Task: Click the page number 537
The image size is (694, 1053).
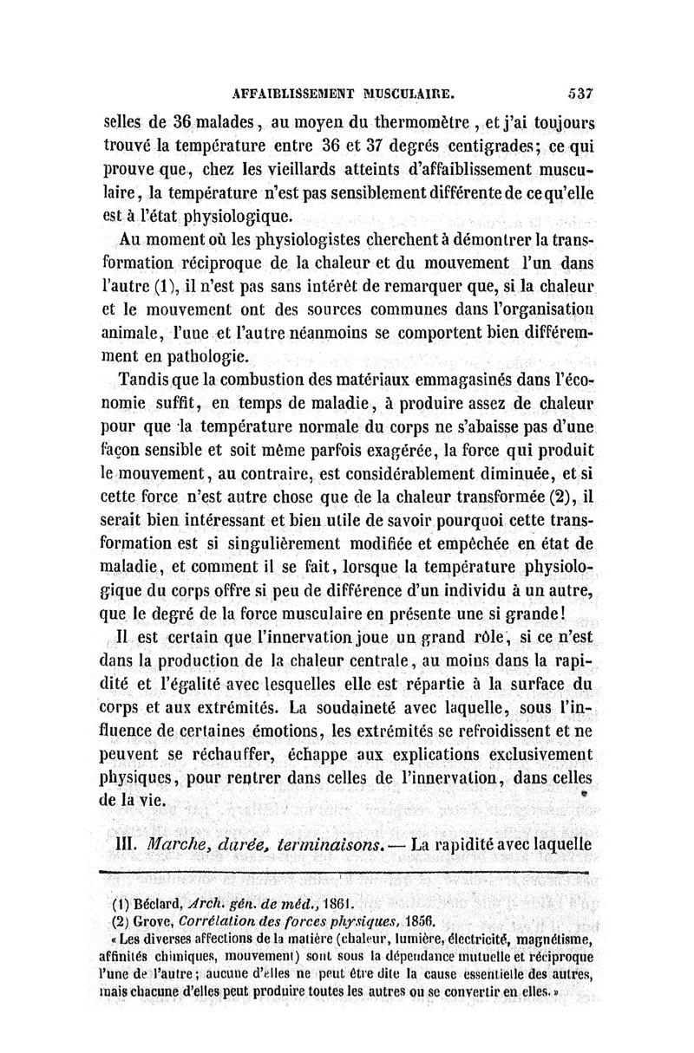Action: point(575,89)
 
